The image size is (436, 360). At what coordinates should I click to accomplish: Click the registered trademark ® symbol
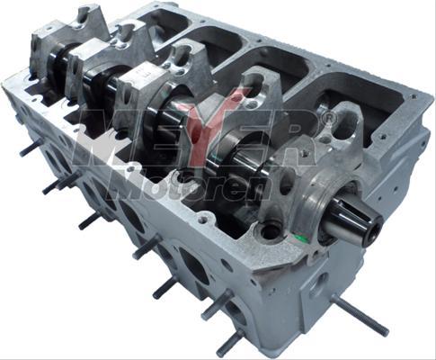[329, 118]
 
